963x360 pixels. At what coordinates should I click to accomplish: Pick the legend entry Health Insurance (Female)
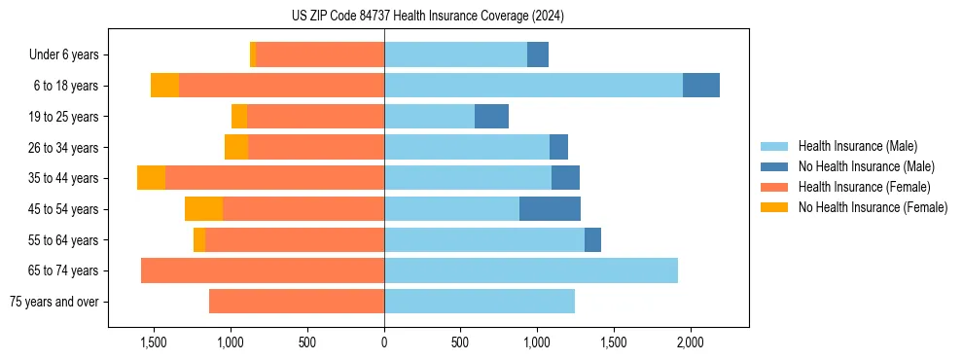point(856,187)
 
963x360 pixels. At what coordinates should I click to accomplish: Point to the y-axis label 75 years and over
point(53,302)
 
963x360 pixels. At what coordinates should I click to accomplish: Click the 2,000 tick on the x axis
point(690,342)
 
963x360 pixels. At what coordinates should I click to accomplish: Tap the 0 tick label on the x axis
point(384,342)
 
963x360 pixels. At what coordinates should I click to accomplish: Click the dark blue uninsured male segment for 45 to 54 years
point(550,209)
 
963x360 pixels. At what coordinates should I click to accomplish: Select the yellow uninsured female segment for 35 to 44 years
point(151,178)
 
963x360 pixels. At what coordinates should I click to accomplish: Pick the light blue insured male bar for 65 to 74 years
point(530,270)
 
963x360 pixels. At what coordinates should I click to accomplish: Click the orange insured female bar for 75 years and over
point(297,302)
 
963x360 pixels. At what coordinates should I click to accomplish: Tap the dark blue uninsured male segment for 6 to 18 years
point(700,86)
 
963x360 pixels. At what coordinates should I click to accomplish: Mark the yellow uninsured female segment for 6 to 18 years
point(164,86)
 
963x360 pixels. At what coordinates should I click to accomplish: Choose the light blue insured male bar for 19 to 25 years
point(429,117)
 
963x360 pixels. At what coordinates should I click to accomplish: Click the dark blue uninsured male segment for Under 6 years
point(538,55)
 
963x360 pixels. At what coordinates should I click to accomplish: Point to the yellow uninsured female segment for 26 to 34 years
point(236,147)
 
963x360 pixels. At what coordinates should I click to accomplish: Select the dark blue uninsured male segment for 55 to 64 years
point(592,240)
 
